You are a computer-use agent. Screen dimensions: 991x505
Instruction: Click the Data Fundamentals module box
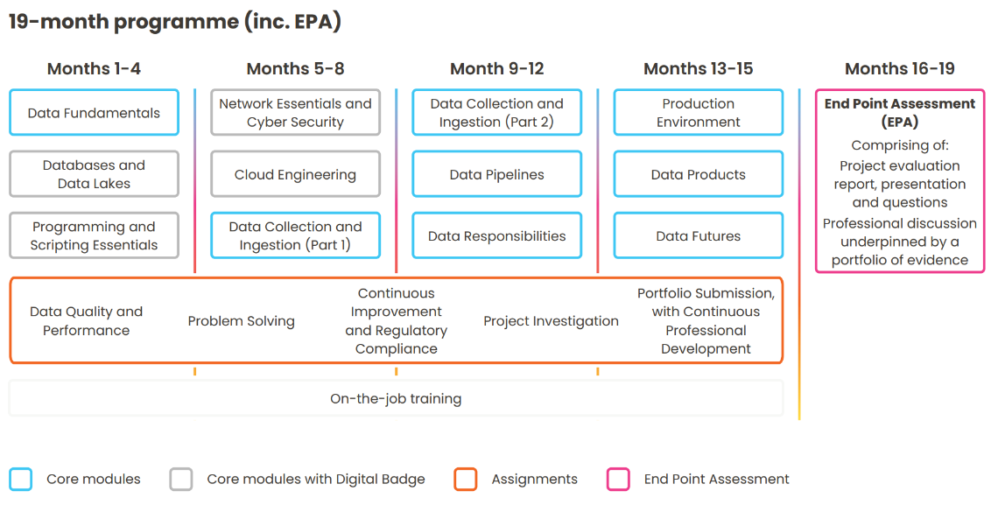click(x=95, y=113)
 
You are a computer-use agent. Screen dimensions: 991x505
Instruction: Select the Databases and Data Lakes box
click(x=95, y=174)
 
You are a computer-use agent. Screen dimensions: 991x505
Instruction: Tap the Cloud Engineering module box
click(x=295, y=174)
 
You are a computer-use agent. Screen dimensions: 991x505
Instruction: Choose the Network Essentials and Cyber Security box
click(x=295, y=113)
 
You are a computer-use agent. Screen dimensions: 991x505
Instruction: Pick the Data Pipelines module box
click(x=496, y=174)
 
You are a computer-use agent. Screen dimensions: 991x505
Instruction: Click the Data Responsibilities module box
click(x=496, y=235)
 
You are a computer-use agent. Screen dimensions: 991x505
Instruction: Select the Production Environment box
click(x=699, y=113)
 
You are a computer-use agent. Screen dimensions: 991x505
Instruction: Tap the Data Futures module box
click(x=699, y=235)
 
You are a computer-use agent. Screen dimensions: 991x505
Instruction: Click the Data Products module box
click(x=699, y=174)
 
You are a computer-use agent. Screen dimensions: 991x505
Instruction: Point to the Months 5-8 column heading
click(x=295, y=68)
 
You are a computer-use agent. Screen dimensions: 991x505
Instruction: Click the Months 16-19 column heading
click(x=899, y=68)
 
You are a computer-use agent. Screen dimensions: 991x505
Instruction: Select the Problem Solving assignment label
click(x=242, y=321)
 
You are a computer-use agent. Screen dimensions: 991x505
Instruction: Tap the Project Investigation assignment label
click(x=552, y=321)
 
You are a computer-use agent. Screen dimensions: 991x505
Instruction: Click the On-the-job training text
click(x=396, y=399)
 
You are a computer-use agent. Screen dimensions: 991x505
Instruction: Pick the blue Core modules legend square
click(x=21, y=479)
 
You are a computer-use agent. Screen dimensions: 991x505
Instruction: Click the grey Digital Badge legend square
click(x=180, y=479)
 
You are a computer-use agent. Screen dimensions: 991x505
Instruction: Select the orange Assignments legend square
click(x=465, y=479)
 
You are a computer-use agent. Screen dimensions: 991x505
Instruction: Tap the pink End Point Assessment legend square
click(x=618, y=479)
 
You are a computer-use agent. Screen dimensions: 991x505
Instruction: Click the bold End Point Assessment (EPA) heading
click(x=899, y=113)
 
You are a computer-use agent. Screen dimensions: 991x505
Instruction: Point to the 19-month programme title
click(x=175, y=22)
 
